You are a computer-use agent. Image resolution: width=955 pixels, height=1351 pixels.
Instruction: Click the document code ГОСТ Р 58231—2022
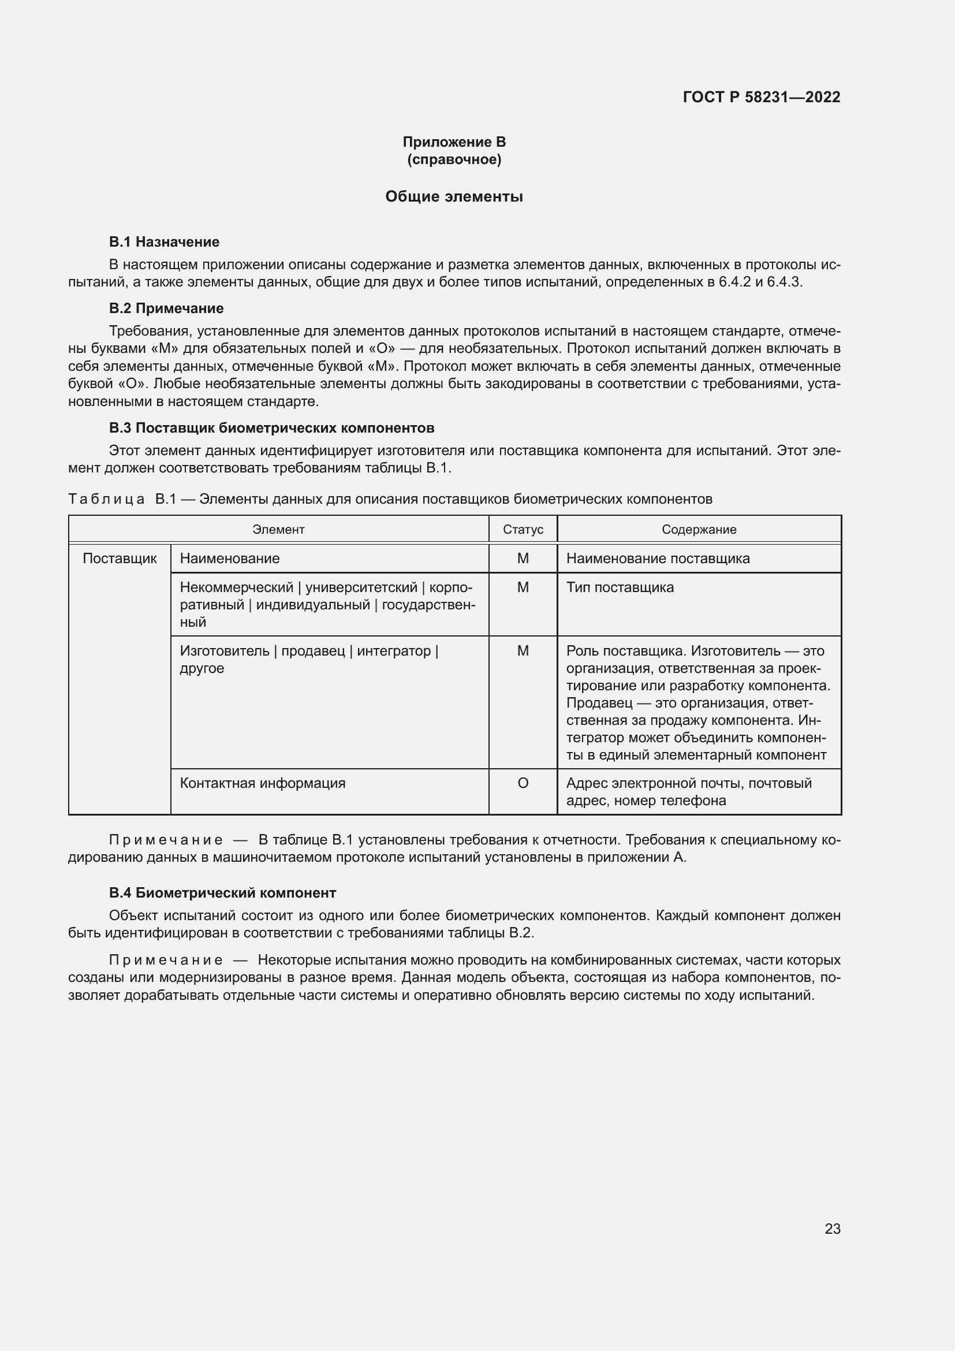coord(761,97)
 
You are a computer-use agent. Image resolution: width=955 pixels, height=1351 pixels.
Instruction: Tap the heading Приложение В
coord(454,142)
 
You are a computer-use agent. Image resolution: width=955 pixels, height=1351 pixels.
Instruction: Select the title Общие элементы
coord(454,196)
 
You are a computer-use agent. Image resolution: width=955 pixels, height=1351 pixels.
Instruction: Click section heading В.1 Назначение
coord(164,242)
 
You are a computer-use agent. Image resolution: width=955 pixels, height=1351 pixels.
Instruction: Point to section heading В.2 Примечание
coord(166,308)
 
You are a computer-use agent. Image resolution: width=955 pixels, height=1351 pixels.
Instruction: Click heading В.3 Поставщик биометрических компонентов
coord(272,428)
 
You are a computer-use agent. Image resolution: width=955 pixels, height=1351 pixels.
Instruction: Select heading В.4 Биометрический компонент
coord(222,892)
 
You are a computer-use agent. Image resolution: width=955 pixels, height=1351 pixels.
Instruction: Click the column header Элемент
coord(278,530)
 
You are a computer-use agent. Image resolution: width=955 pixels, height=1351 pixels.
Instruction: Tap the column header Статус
coord(523,530)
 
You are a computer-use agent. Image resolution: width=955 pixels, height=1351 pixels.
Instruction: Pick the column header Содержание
coord(699,530)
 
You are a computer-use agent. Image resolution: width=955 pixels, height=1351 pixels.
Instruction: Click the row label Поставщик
coord(120,559)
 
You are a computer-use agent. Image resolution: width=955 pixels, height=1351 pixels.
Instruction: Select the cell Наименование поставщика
coord(658,559)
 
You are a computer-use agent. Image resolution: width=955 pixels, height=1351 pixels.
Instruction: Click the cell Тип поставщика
coord(620,587)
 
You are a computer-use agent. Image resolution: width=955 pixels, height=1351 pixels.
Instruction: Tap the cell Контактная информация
coord(262,783)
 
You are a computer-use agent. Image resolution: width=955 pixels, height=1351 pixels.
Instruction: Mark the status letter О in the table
coord(523,783)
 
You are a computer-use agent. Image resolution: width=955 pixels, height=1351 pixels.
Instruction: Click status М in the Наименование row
coord(523,559)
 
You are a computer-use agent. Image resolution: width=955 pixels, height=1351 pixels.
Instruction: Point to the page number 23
coord(832,1229)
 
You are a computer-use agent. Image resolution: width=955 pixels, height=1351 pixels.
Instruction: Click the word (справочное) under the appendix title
coord(454,159)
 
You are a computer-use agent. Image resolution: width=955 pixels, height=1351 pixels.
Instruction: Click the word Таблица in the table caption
coord(106,499)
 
